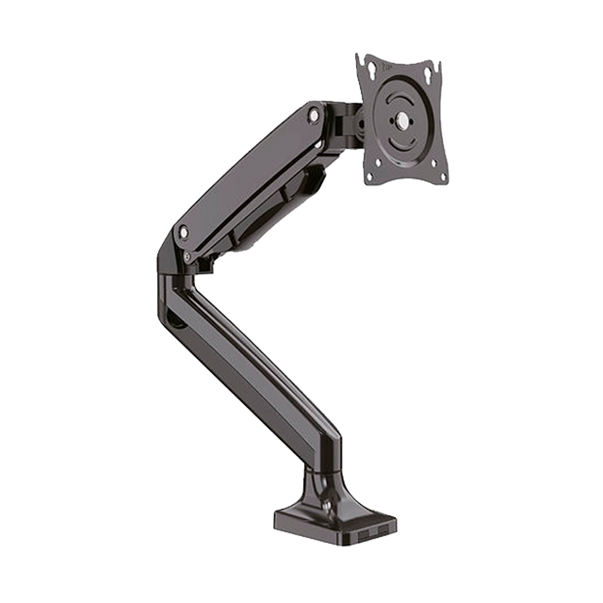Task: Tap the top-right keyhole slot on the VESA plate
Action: click(429, 73)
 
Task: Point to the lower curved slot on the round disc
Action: click(402, 148)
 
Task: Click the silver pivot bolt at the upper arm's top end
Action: click(314, 115)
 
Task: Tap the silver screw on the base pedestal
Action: click(326, 504)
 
